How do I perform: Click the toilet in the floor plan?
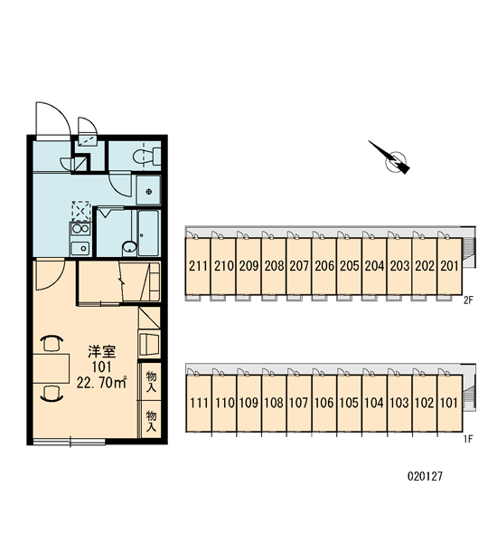tap(147, 157)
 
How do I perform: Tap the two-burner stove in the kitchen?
tap(80, 229)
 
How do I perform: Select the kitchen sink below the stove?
tap(80, 248)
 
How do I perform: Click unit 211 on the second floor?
tap(198, 265)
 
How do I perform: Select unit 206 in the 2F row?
tap(324, 265)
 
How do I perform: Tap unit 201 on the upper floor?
tap(450, 265)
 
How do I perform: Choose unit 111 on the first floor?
tap(199, 403)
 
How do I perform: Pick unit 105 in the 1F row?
tap(350, 403)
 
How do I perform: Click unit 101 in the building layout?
tap(450, 403)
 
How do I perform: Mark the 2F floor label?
tap(468, 300)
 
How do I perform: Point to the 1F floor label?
tap(468, 440)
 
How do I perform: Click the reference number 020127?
tap(425, 477)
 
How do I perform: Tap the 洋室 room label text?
tap(101, 351)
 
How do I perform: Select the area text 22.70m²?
tap(101, 382)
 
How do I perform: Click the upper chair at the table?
tap(52, 343)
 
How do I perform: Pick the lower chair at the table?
tap(52, 394)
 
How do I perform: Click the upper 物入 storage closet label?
tap(151, 381)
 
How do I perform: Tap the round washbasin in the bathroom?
tap(129, 247)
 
